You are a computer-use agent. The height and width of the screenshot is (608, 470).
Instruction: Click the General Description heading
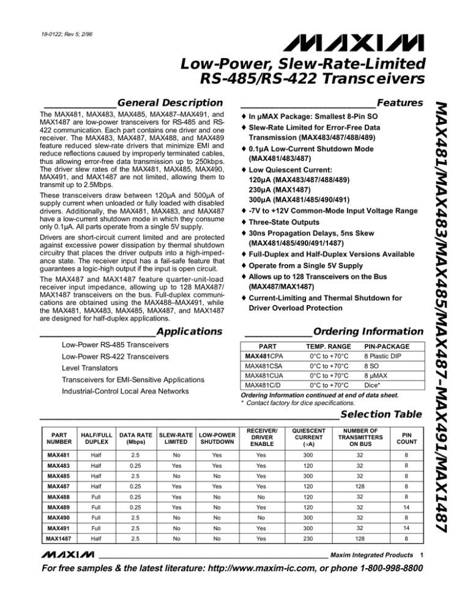[169, 102]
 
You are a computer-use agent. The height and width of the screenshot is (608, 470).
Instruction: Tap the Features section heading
[400, 102]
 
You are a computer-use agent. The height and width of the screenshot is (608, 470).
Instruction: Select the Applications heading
[189, 332]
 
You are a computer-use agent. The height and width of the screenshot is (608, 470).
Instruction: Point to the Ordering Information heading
[368, 332]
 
